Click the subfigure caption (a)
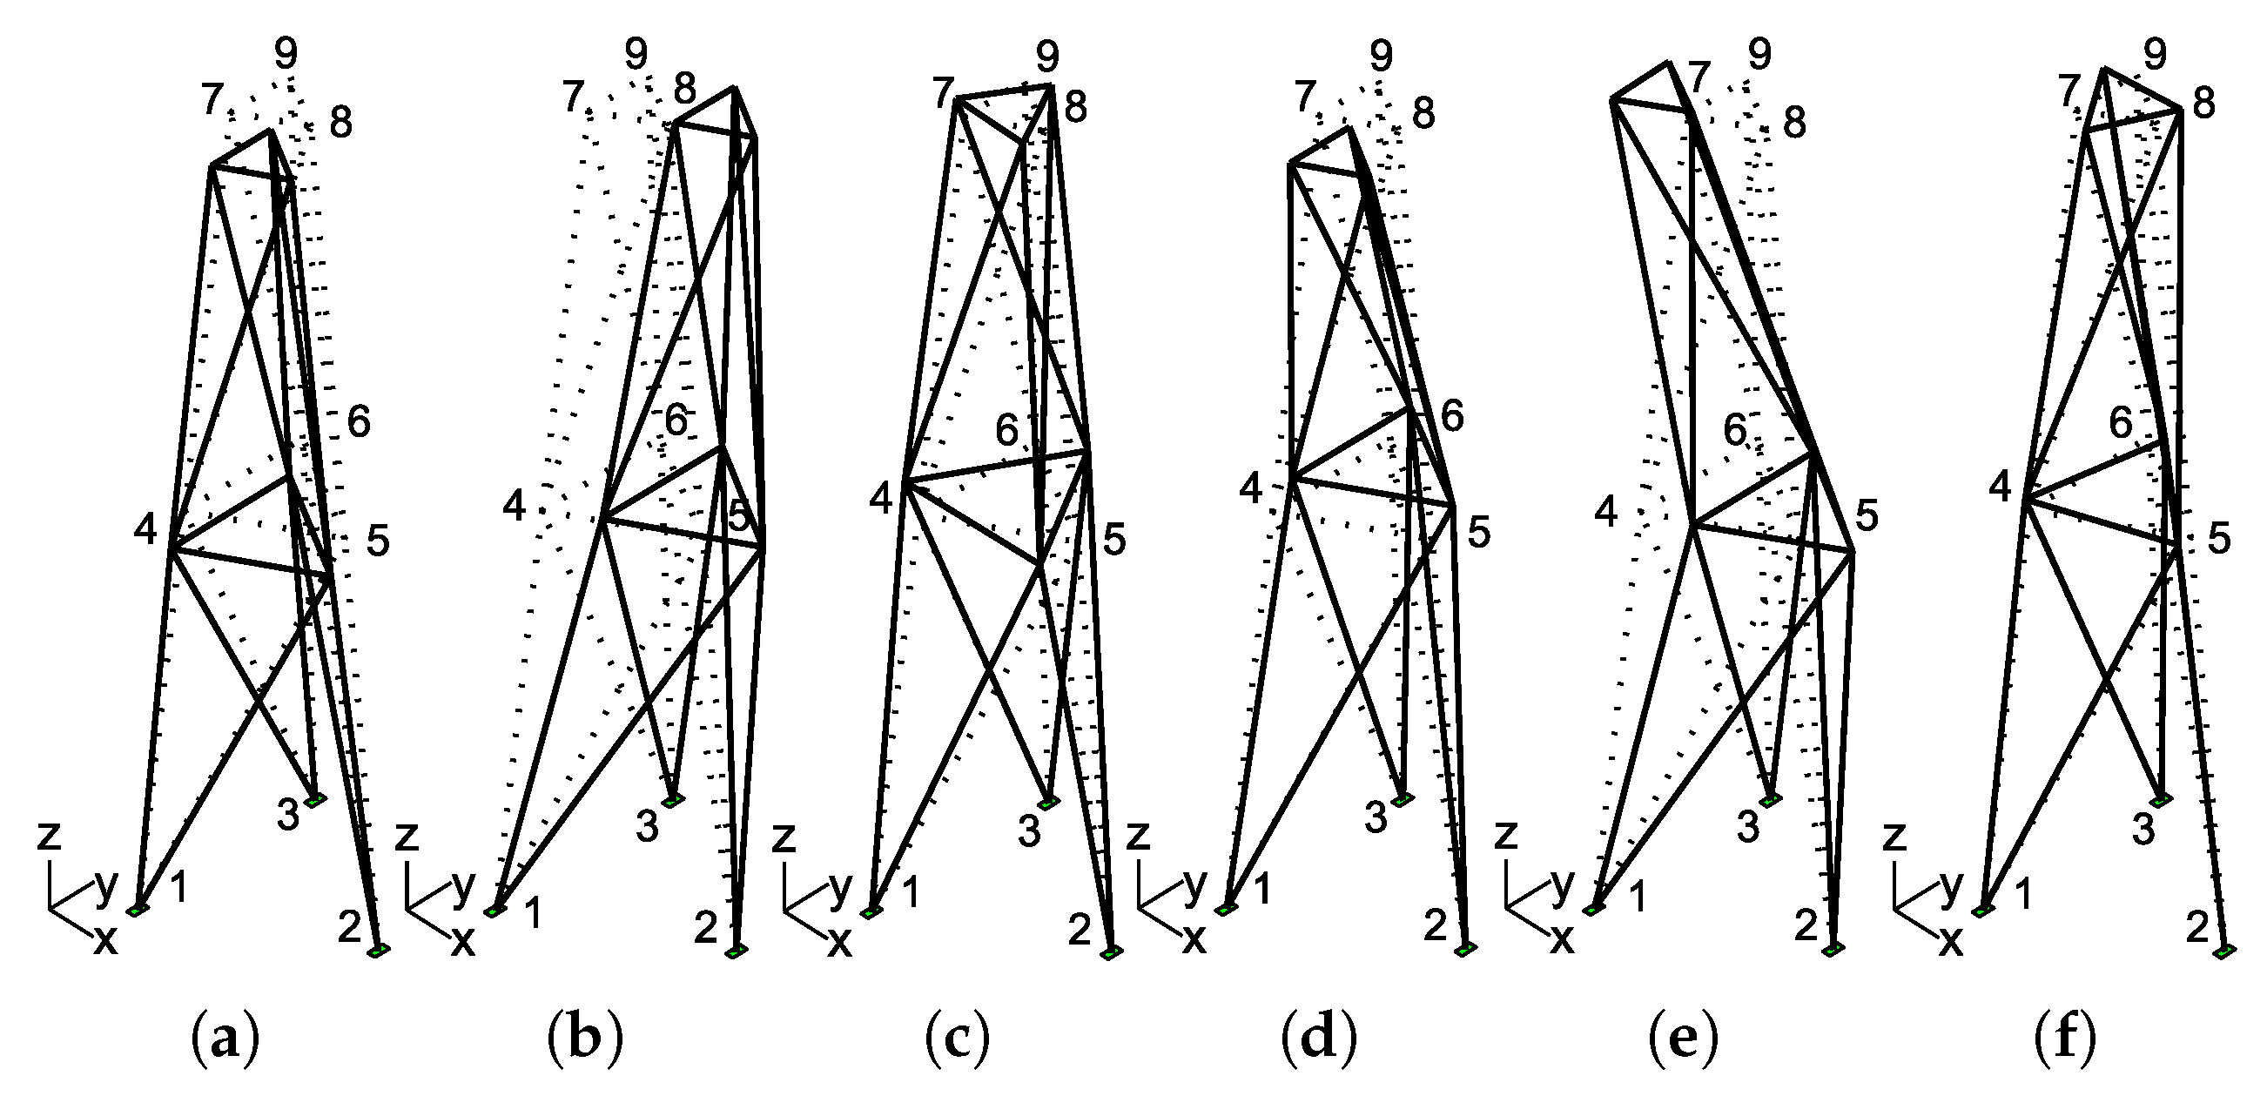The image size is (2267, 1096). (225, 1042)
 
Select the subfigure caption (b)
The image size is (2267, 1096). (585, 1042)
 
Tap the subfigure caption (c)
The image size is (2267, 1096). (958, 1042)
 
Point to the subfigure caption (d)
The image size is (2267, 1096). (1318, 1042)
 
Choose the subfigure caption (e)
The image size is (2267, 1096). (1683, 1042)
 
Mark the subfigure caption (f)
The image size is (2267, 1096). (2065, 1042)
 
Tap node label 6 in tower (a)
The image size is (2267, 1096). (358, 423)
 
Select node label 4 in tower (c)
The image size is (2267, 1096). (881, 498)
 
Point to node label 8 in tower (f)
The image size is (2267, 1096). (2203, 104)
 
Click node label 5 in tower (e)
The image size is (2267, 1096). (1867, 516)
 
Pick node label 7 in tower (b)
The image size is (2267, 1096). (574, 97)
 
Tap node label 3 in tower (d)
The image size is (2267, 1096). (1376, 818)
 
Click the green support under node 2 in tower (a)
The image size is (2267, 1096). (379, 951)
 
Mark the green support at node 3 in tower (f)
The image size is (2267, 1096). (2163, 799)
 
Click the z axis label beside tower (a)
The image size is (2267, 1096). (49, 837)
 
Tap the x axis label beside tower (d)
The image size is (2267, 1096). (1194, 940)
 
